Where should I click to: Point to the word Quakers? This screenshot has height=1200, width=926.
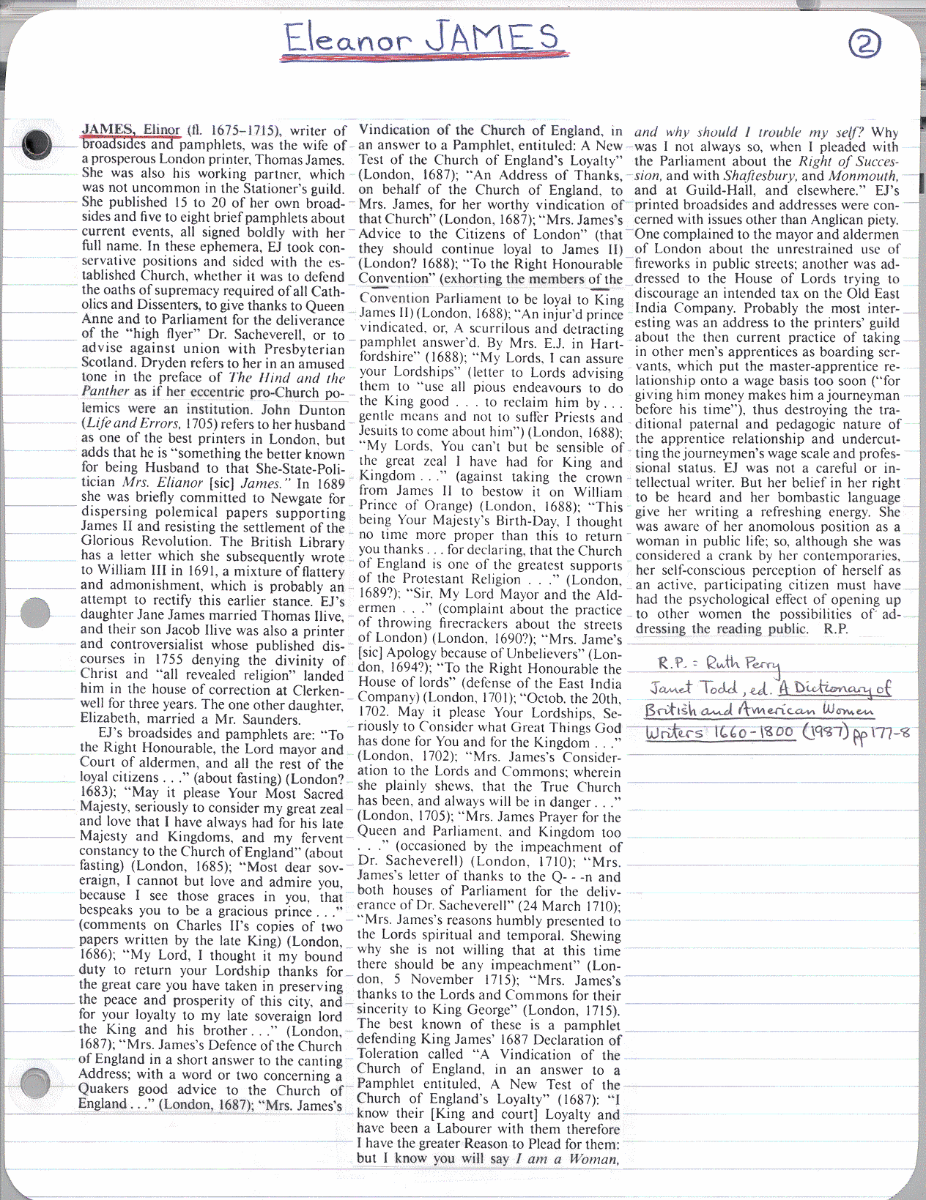point(105,1089)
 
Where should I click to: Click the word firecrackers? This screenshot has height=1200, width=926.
point(441,623)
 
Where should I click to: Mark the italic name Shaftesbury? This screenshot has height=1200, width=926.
point(760,176)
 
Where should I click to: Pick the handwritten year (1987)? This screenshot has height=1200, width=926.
point(826,731)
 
